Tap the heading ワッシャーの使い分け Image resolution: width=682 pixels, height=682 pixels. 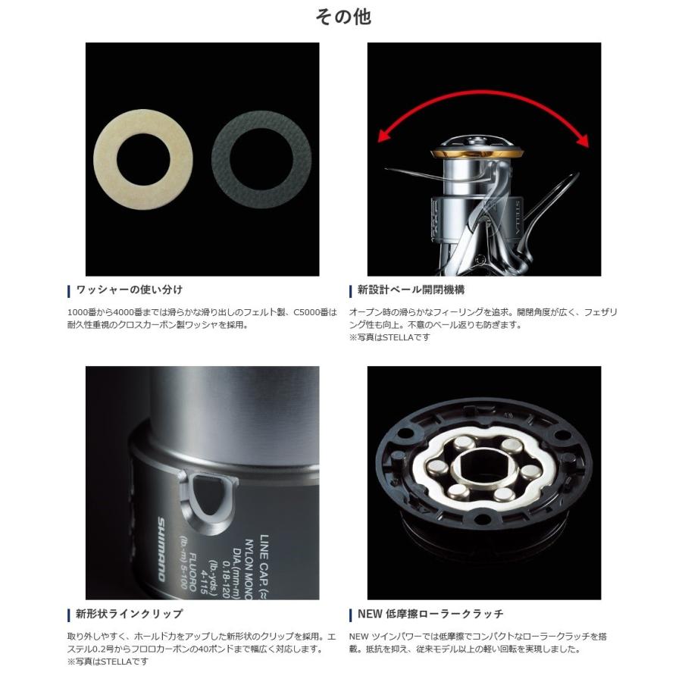[129, 290]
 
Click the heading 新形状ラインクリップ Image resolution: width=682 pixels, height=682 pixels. [129, 614]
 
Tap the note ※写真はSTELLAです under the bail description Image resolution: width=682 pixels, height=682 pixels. [389, 337]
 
